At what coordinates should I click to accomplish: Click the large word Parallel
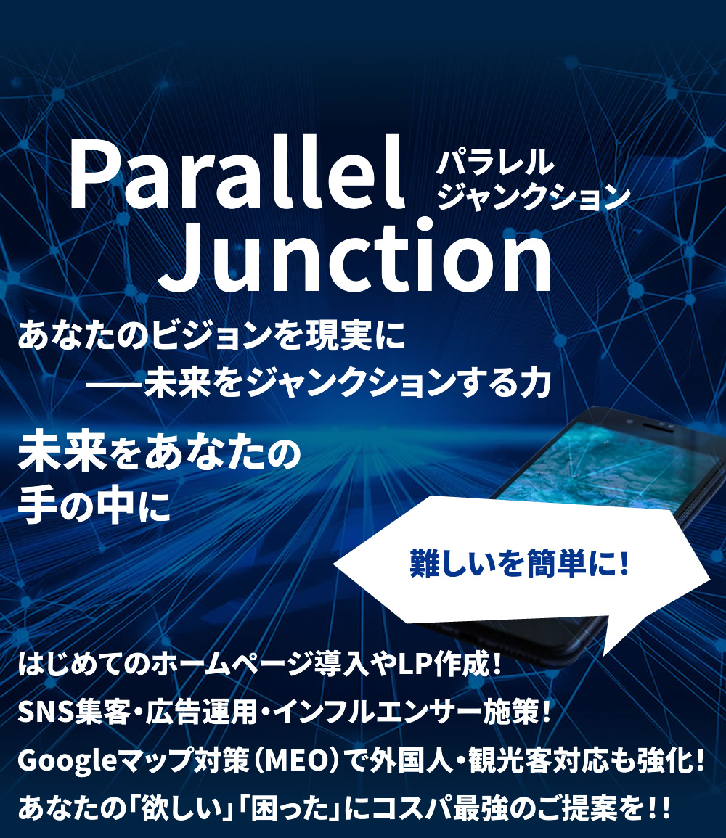(x=236, y=173)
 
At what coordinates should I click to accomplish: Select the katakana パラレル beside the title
(x=495, y=162)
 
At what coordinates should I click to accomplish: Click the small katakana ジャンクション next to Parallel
(x=534, y=196)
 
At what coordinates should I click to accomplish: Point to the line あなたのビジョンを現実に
(x=212, y=336)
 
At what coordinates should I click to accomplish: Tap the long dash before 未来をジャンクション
(x=115, y=384)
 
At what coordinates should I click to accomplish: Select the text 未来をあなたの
(x=159, y=453)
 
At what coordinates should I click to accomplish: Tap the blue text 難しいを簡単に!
(x=519, y=563)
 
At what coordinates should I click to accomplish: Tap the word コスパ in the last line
(x=411, y=808)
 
